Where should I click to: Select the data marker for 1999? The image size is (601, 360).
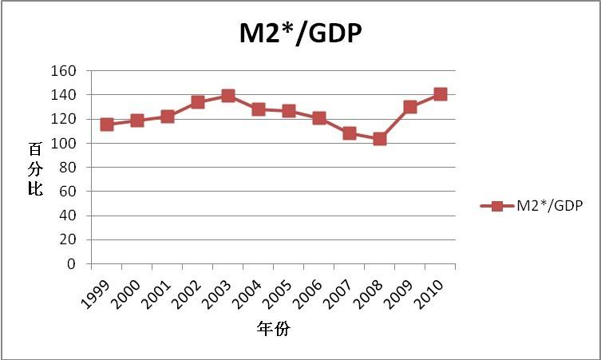(x=107, y=125)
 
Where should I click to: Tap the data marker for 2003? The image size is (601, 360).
(x=228, y=96)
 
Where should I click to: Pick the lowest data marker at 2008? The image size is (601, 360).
(x=380, y=139)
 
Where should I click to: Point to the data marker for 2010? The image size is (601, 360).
(x=440, y=94)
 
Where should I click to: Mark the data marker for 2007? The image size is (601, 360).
(x=350, y=133)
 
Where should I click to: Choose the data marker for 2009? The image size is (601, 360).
(x=410, y=107)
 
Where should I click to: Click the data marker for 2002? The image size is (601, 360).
(x=198, y=102)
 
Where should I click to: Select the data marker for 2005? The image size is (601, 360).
(x=289, y=111)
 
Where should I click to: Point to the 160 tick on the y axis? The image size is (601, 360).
(x=65, y=71)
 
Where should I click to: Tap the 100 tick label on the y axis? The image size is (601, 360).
(x=65, y=144)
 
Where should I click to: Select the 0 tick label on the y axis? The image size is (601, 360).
(x=72, y=264)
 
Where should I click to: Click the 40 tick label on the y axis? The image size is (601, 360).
(x=68, y=216)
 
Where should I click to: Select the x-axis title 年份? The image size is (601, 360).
(x=273, y=329)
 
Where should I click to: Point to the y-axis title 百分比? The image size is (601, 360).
(x=35, y=171)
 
